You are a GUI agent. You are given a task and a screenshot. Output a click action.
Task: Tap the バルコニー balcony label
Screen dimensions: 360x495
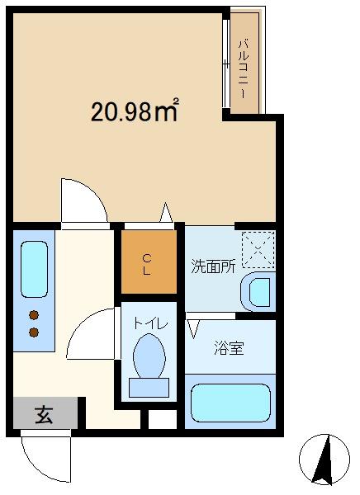point(244,68)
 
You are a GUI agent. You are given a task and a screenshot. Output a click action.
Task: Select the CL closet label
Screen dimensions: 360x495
point(146,265)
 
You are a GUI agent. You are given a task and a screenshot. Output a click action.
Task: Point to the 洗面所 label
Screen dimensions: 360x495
point(214,266)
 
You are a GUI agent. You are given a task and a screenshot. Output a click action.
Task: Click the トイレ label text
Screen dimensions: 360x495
point(150,323)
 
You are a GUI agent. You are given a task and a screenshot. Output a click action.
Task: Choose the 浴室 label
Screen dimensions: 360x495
point(229,348)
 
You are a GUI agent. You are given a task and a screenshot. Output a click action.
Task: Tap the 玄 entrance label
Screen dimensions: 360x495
point(44,414)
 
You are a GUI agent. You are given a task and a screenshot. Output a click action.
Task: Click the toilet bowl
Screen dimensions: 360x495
point(149,356)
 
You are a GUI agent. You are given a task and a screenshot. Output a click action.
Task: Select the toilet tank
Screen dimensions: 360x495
point(149,388)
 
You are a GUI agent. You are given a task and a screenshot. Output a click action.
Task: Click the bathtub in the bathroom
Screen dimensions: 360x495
point(230,403)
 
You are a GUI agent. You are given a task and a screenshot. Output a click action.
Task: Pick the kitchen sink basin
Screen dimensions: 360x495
point(34,269)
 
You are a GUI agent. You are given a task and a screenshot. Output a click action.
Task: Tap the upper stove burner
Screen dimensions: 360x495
point(34,315)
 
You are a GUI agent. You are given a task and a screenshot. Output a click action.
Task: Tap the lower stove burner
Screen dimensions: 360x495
point(34,332)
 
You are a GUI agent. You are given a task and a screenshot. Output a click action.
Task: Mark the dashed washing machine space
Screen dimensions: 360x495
point(258,250)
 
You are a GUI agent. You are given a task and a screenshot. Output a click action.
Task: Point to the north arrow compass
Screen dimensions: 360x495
point(324,460)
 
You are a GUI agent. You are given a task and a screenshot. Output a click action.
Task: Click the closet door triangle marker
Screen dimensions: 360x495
point(166,213)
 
